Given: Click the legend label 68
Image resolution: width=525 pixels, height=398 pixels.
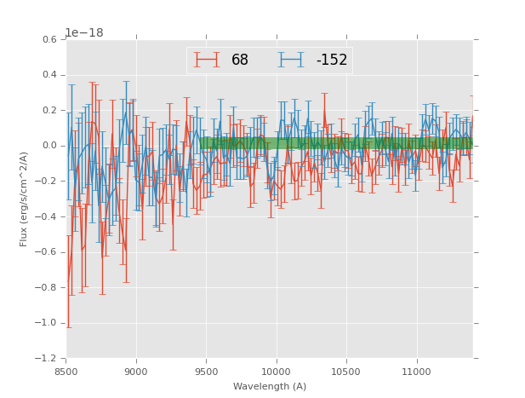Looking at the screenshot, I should pos(240,61).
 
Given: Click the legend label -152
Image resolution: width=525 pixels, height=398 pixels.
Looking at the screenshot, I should pos(332,61).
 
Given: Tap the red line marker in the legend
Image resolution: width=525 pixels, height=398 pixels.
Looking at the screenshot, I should pos(207,60).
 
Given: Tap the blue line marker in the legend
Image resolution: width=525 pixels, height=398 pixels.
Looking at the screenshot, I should pos(292,60).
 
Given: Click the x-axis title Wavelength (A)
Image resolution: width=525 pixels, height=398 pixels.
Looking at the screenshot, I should pos(270,386).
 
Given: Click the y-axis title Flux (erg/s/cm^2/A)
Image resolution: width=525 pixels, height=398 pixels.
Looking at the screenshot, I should pos(24,199).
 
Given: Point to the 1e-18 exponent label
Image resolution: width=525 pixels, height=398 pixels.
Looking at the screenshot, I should pos(83,33).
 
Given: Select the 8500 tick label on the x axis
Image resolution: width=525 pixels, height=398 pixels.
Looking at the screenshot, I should pos(66,371).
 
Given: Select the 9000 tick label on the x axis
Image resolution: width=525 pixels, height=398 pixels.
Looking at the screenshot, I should pos(136,371).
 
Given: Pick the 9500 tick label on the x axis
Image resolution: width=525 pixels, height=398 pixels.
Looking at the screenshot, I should pos(206,371).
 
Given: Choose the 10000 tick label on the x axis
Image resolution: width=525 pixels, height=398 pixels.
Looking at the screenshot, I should pos(276,371).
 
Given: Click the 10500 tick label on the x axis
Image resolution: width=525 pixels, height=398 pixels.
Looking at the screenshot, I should pos(345,371).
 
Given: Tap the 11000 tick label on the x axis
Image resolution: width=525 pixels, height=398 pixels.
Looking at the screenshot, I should pos(415,371).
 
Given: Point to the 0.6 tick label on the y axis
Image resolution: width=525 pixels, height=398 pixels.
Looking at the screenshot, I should pos(49,40).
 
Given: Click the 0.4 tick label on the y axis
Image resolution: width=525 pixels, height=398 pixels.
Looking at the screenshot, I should pos(49,75).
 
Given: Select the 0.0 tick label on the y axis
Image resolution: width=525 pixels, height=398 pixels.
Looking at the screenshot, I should pos(49,146).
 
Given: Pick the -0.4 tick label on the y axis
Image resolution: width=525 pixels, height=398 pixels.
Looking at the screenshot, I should pos(47,216).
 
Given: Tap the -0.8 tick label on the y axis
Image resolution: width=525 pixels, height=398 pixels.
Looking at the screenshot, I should pos(47,287).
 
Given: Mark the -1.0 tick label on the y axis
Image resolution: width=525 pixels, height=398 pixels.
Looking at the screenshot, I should pos(47,323).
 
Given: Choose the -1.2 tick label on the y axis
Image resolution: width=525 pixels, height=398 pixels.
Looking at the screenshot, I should pos(47,359).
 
